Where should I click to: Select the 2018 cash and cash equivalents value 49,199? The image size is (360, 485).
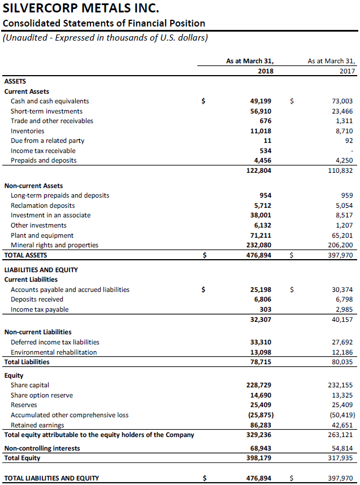point(261,101)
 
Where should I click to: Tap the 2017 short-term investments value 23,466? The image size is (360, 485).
point(342,111)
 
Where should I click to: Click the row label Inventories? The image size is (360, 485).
point(28,131)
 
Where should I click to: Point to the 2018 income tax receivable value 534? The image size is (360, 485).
point(266,151)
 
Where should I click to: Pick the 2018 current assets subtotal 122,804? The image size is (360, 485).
point(258,171)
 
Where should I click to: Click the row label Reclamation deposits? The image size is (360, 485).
point(43,206)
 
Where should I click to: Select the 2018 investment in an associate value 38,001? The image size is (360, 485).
point(261,215)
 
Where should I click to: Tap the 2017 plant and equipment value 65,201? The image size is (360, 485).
point(342,235)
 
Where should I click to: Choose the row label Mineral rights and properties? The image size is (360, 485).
point(55,245)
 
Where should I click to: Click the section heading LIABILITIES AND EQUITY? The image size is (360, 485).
point(41,270)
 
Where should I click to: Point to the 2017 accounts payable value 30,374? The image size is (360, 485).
point(342,290)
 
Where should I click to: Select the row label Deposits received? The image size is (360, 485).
point(37,299)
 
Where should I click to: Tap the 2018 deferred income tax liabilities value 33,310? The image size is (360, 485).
point(261,342)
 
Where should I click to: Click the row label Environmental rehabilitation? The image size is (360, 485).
point(54,352)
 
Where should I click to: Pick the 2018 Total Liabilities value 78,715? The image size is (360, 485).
point(261,362)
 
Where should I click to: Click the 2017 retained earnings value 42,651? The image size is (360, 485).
point(342,425)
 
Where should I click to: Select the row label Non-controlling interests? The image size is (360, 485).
point(42,448)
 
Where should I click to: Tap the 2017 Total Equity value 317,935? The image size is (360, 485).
point(340,458)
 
